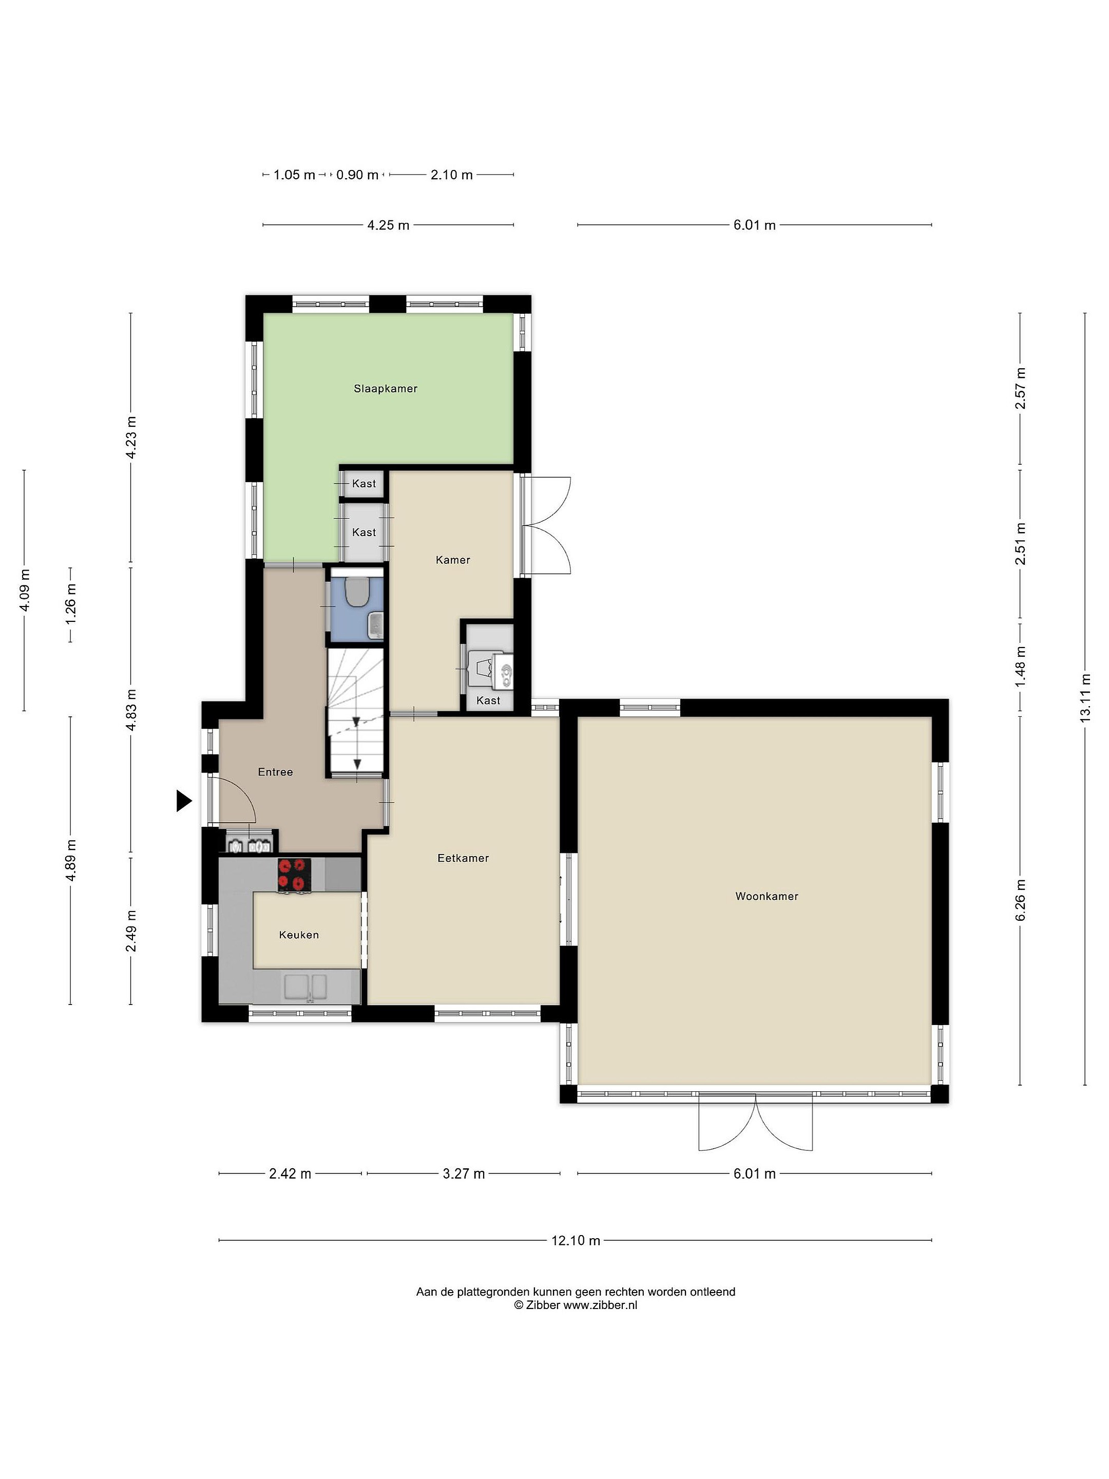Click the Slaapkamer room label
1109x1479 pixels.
(x=385, y=388)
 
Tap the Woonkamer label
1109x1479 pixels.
(x=767, y=896)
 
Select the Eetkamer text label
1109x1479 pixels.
(x=463, y=858)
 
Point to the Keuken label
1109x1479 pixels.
(x=299, y=935)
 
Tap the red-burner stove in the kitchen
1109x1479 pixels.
(x=294, y=875)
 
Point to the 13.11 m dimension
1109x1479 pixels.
(x=1085, y=697)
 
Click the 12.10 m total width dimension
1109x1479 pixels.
(x=576, y=1240)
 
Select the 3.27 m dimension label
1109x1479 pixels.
(x=464, y=1173)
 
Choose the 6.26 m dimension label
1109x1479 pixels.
(x=1020, y=900)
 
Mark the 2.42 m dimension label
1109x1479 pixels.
(x=290, y=1173)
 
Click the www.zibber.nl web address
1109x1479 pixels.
(x=600, y=1304)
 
